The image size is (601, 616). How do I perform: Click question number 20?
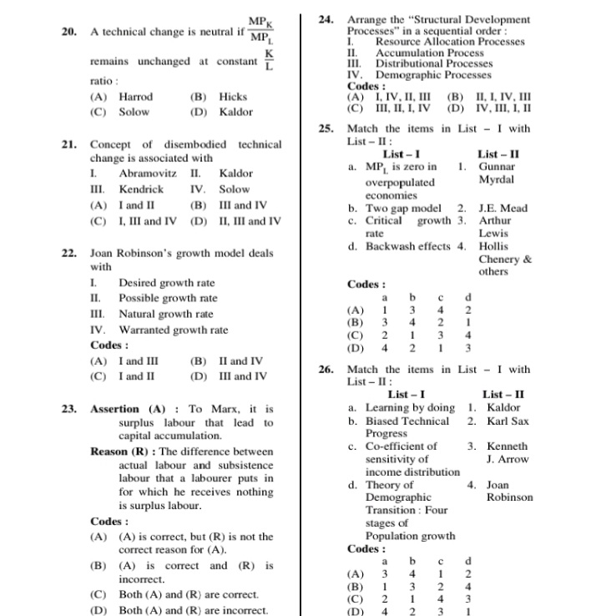[x=69, y=32]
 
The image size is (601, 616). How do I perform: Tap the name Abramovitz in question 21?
[x=147, y=174]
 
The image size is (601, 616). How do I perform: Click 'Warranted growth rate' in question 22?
[x=173, y=330]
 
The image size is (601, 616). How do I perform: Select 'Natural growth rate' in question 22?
[x=165, y=315]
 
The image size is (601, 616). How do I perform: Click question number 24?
[x=327, y=18]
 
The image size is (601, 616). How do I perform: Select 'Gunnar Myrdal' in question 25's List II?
[x=497, y=173]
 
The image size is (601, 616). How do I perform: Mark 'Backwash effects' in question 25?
[x=407, y=246]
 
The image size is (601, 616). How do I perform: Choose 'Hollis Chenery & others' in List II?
[x=504, y=259]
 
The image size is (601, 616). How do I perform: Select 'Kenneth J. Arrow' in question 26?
[x=508, y=452]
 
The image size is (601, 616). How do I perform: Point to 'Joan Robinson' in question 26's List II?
[x=509, y=490]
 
